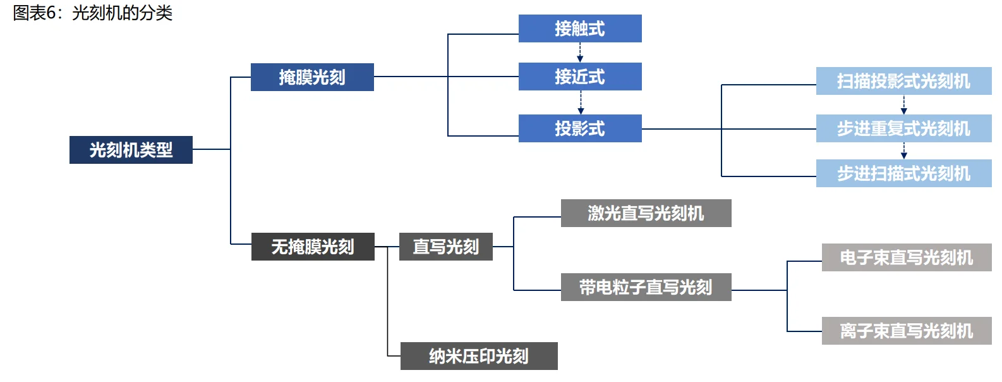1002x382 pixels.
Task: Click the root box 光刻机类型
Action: click(131, 150)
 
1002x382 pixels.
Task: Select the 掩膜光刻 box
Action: click(312, 77)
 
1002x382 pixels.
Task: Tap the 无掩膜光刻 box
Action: click(313, 247)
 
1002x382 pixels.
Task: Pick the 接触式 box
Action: click(580, 28)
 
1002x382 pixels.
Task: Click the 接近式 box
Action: click(580, 77)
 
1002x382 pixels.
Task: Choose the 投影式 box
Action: click(580, 128)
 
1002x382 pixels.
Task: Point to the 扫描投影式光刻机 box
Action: click(903, 81)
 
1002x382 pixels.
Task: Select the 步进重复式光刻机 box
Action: click(903, 128)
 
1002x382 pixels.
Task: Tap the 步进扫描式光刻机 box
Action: click(903, 173)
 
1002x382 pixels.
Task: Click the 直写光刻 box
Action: click(445, 247)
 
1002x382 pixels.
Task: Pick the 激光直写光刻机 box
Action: click(646, 213)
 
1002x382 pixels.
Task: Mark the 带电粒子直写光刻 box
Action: click(646, 287)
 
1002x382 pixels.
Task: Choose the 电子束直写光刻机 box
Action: click(906, 257)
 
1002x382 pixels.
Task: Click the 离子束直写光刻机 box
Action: click(906, 331)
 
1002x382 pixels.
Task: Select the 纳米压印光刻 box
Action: click(479, 356)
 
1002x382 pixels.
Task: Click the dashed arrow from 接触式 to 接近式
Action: click(580, 52)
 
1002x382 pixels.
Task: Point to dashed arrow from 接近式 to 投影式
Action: click(581, 102)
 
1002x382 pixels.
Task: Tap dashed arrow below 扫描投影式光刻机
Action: click(903, 105)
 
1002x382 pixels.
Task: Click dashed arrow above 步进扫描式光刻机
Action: click(904, 151)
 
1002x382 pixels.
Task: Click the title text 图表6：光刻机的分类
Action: click(93, 13)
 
